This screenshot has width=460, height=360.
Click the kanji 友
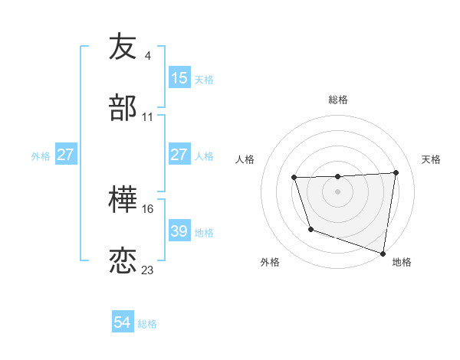click(x=123, y=47)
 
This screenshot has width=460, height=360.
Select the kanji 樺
click(x=123, y=199)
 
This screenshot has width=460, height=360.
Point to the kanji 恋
click(x=123, y=260)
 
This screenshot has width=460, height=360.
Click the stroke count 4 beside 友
click(x=147, y=56)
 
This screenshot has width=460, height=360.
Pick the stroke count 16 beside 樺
click(x=148, y=208)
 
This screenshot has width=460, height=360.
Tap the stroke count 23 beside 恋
click(x=148, y=270)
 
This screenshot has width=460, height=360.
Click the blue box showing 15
click(x=179, y=78)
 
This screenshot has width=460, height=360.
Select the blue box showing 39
click(x=179, y=231)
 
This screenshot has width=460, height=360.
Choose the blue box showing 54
click(x=123, y=323)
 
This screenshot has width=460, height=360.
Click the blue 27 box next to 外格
click(x=66, y=155)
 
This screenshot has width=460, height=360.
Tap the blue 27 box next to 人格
click(x=179, y=155)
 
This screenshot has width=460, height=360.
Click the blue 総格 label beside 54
click(x=147, y=324)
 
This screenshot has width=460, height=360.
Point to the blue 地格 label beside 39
click(x=204, y=232)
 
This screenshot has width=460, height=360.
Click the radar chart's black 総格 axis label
click(x=338, y=100)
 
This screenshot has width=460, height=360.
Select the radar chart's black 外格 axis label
click(x=270, y=262)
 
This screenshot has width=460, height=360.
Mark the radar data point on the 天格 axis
click(x=396, y=172)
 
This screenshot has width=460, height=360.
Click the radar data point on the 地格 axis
click(x=383, y=252)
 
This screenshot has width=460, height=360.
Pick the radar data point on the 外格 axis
click(x=310, y=229)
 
